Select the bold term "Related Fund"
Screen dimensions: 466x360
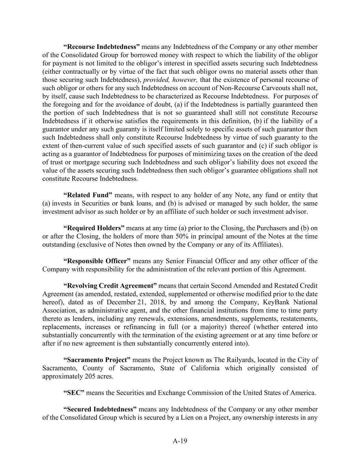click(x=88, y=195)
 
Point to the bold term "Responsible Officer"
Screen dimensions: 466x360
click(x=97, y=261)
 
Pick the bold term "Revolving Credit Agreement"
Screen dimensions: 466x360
click(x=110, y=286)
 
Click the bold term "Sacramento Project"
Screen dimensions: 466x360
click(x=97, y=360)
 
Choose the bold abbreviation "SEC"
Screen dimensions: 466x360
click(x=74, y=393)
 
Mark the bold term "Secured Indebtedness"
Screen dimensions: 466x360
click(x=100, y=409)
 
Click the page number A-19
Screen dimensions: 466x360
click(x=180, y=441)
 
